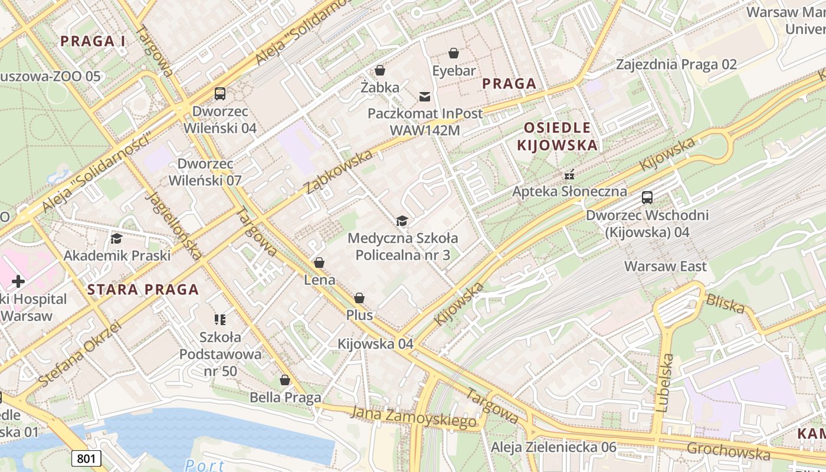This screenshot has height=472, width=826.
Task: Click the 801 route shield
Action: (x=87, y=458)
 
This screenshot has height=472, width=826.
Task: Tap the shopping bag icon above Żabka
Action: (x=380, y=70)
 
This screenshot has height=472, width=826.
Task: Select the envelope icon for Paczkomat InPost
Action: (x=424, y=96)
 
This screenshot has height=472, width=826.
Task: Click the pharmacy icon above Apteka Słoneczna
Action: (x=569, y=175)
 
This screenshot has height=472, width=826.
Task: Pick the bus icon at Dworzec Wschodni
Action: (x=647, y=198)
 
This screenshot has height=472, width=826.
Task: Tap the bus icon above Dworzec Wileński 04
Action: (x=220, y=94)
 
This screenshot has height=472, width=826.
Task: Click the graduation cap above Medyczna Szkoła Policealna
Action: (x=402, y=221)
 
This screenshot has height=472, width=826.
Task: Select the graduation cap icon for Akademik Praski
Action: (x=116, y=238)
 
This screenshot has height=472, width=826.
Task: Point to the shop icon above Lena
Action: (x=319, y=263)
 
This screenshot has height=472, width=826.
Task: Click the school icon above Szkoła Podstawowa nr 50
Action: (x=220, y=320)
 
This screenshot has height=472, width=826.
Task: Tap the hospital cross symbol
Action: (x=18, y=281)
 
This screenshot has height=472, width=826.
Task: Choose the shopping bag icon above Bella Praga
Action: (x=285, y=380)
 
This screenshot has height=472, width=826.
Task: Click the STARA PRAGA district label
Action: (x=143, y=290)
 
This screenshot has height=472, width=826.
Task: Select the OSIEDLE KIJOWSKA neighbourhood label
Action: (x=557, y=136)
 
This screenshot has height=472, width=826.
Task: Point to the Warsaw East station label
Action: (x=666, y=266)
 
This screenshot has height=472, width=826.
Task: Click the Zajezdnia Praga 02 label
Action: (x=676, y=64)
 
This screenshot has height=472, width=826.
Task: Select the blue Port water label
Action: (x=204, y=465)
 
